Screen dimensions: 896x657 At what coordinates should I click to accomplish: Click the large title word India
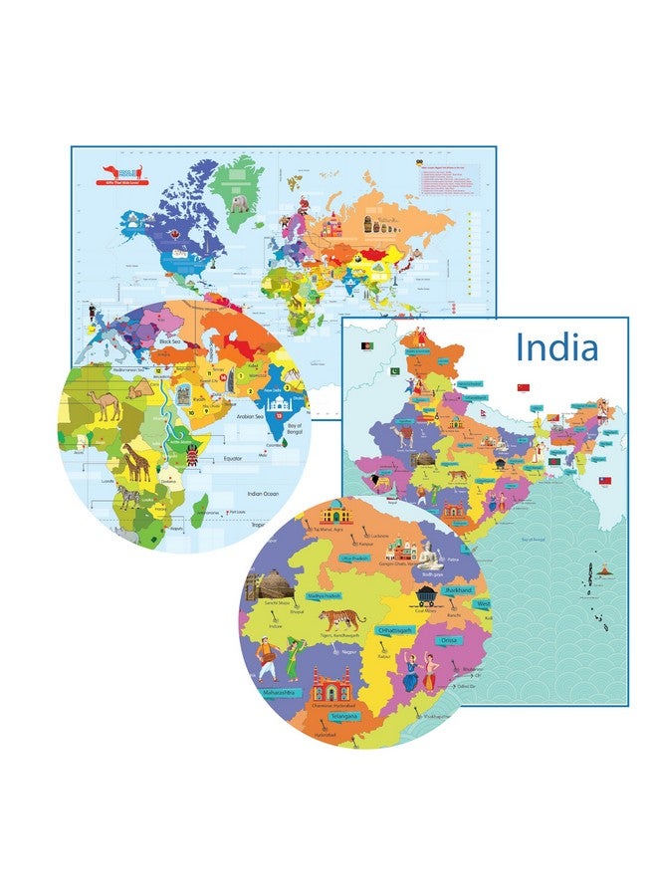click(557, 347)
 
